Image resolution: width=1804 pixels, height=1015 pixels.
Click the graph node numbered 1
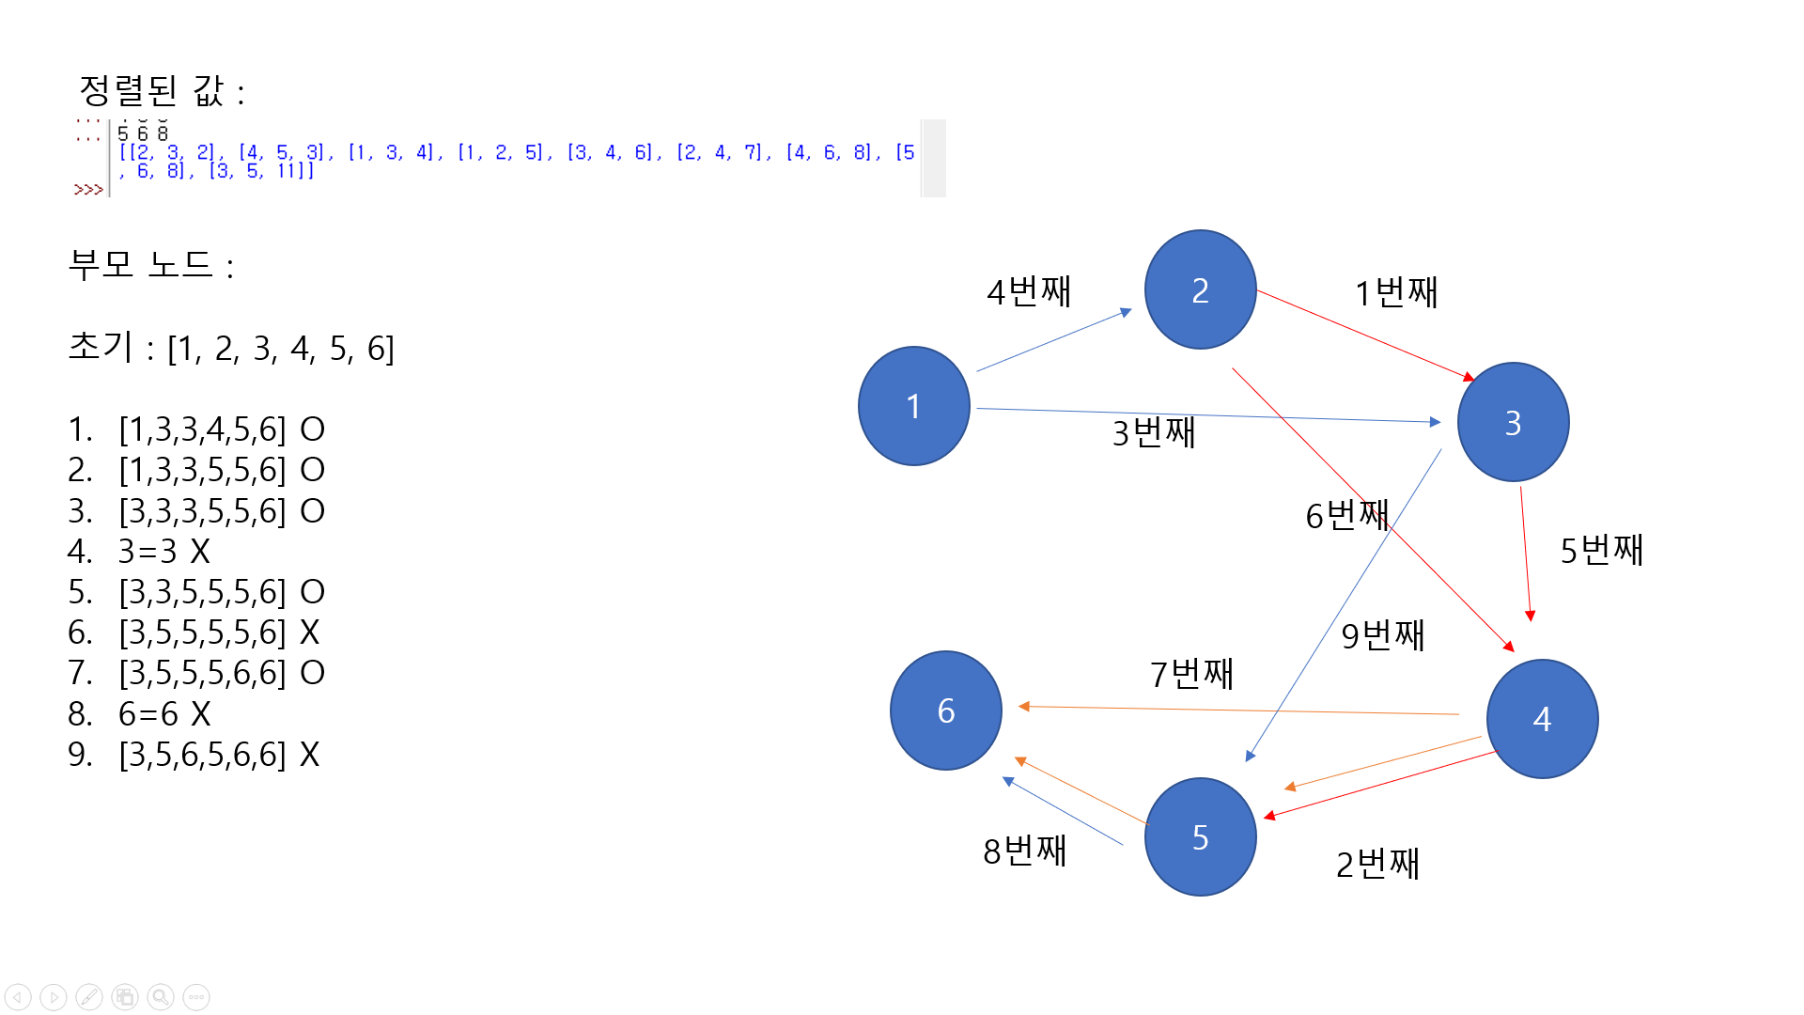[x=913, y=406]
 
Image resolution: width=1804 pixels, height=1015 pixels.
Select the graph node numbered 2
[x=1200, y=289]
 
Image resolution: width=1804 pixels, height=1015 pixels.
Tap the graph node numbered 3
[x=1513, y=422]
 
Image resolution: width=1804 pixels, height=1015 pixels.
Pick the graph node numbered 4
[x=1542, y=719]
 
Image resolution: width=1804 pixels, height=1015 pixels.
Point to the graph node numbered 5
[x=1200, y=836]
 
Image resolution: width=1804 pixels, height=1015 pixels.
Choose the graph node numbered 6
[x=945, y=710]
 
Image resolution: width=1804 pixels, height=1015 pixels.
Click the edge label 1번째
[x=1396, y=292]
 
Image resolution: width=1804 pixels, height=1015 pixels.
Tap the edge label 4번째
[x=1029, y=291]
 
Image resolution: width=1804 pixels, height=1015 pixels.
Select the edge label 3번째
[x=1154, y=433]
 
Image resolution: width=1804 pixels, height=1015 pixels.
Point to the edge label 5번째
[x=1602, y=550]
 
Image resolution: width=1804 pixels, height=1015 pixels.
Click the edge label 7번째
[x=1191, y=674]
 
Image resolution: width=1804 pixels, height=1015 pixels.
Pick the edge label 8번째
[x=1024, y=851]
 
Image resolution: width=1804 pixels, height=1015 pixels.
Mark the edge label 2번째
[x=1377, y=864]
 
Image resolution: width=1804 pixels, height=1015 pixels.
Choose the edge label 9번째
[x=1382, y=636]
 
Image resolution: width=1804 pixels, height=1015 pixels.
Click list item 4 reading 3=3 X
[x=163, y=552]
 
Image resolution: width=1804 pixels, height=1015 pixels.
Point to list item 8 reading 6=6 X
[x=163, y=714]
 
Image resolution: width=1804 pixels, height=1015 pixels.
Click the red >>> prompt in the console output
[x=88, y=190]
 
